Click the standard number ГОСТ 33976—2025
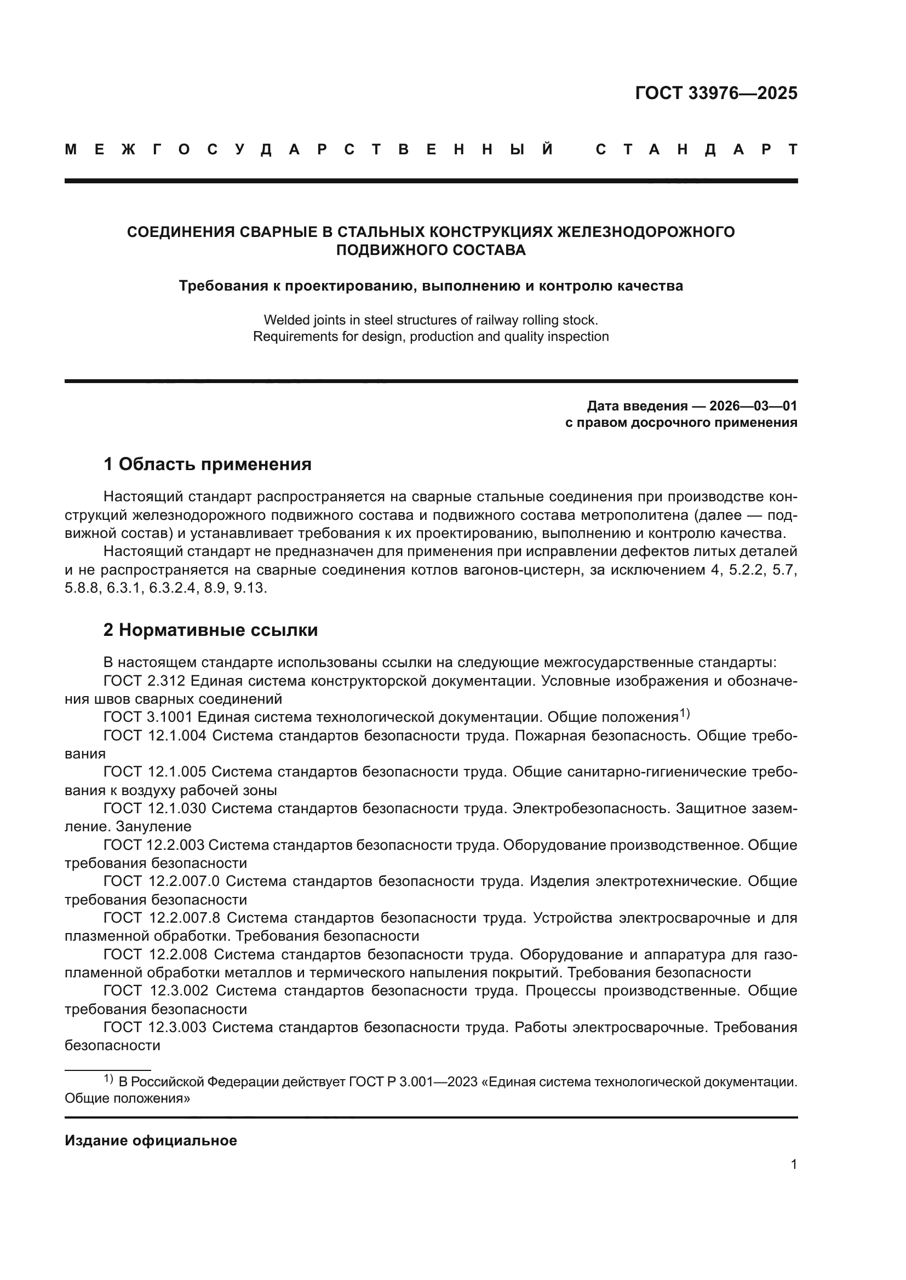coord(716,93)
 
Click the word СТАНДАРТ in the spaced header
coord(696,149)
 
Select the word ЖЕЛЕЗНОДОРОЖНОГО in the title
coord(646,232)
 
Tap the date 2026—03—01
coord(753,406)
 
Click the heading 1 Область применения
coord(207,464)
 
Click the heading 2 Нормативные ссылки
coord(210,630)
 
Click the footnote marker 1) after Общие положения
coord(685,713)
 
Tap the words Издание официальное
coord(151,1140)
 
